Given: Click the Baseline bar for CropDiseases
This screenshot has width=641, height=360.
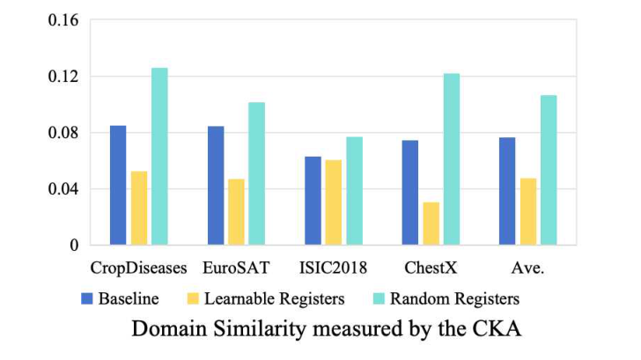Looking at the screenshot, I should [x=118, y=185].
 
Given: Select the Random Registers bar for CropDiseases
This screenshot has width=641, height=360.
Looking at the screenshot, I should [x=159, y=156].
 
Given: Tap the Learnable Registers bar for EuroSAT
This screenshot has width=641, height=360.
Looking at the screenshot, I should [x=236, y=211].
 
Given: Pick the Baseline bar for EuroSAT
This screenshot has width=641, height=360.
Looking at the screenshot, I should [x=216, y=185].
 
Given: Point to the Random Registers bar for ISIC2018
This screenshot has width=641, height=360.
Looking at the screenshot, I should [x=354, y=190].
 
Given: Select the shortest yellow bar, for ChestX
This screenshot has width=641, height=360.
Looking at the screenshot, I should [x=431, y=224].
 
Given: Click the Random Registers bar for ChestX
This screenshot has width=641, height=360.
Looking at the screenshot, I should [x=451, y=158].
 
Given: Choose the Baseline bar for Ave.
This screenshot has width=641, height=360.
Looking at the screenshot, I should [x=507, y=191].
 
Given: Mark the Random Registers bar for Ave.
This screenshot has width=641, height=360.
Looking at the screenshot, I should [x=549, y=170].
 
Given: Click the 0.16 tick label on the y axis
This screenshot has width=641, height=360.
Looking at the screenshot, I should [x=64, y=20].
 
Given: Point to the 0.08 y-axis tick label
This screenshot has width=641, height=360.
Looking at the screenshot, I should [x=64, y=133].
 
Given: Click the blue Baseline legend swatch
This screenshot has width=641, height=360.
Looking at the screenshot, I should [x=86, y=298].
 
